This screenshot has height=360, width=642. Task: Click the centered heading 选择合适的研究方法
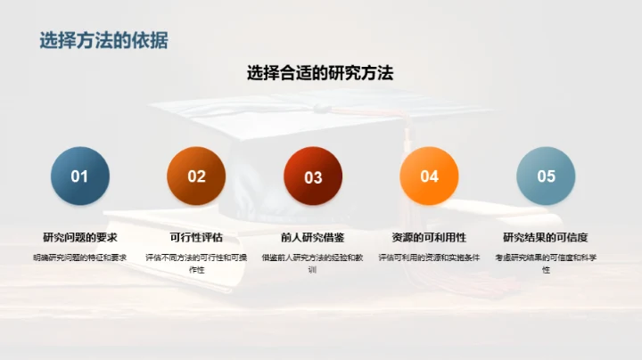pyautogui.click(x=320, y=74)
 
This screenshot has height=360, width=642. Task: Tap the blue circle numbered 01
pyautogui.click(x=80, y=176)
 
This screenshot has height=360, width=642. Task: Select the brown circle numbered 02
pyautogui.click(x=196, y=176)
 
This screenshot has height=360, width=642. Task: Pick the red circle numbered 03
pyautogui.click(x=313, y=177)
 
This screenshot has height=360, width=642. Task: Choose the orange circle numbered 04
pyautogui.click(x=430, y=176)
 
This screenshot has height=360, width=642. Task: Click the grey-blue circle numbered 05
pyautogui.click(x=546, y=176)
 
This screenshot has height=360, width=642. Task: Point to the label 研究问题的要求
pyautogui.click(x=80, y=238)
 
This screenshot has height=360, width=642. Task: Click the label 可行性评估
pyautogui.click(x=196, y=238)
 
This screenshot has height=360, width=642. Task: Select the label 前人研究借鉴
pyautogui.click(x=313, y=238)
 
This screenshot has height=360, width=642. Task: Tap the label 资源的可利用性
pyautogui.click(x=429, y=238)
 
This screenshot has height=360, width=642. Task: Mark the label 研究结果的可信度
pyautogui.click(x=546, y=238)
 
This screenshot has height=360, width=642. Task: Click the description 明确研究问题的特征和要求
pyautogui.click(x=80, y=258)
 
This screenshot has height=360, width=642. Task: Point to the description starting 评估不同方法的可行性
pyautogui.click(x=196, y=263)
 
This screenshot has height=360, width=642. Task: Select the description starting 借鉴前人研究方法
pyautogui.click(x=313, y=263)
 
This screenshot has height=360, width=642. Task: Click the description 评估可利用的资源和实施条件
pyautogui.click(x=429, y=258)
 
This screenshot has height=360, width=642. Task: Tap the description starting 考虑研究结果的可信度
pyautogui.click(x=546, y=263)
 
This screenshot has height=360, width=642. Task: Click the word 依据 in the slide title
pyautogui.click(x=150, y=40)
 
